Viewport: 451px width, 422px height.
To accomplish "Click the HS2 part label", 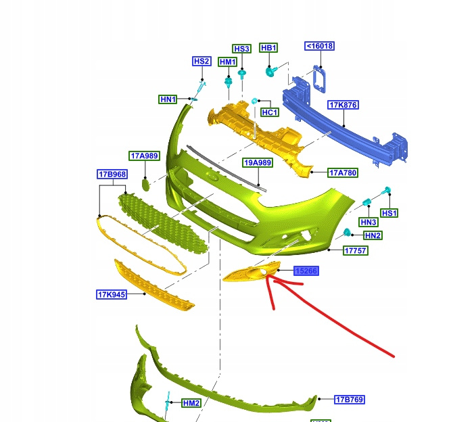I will pos(201,62).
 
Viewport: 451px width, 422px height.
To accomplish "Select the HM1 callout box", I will pos(228,62).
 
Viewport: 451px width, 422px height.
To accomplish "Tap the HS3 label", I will pos(241,49).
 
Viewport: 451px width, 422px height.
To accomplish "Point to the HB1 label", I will pos(268,48).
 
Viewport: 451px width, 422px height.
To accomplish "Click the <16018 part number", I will pos(319,46).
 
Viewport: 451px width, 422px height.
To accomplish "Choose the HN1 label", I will pos(168,99).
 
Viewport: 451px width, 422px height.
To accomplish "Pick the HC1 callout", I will pos(269,112).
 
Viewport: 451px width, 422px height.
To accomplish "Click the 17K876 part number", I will pos(343,105).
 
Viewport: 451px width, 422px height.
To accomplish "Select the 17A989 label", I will pos(144,156).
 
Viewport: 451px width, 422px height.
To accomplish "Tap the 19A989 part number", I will pos(258,162).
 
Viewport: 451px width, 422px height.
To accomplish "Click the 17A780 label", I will pos(343,172).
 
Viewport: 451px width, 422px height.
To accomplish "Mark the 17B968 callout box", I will pos(112,174).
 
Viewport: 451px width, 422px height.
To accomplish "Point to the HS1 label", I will pos(389,213).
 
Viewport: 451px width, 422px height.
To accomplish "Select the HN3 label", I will pos(368,222).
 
